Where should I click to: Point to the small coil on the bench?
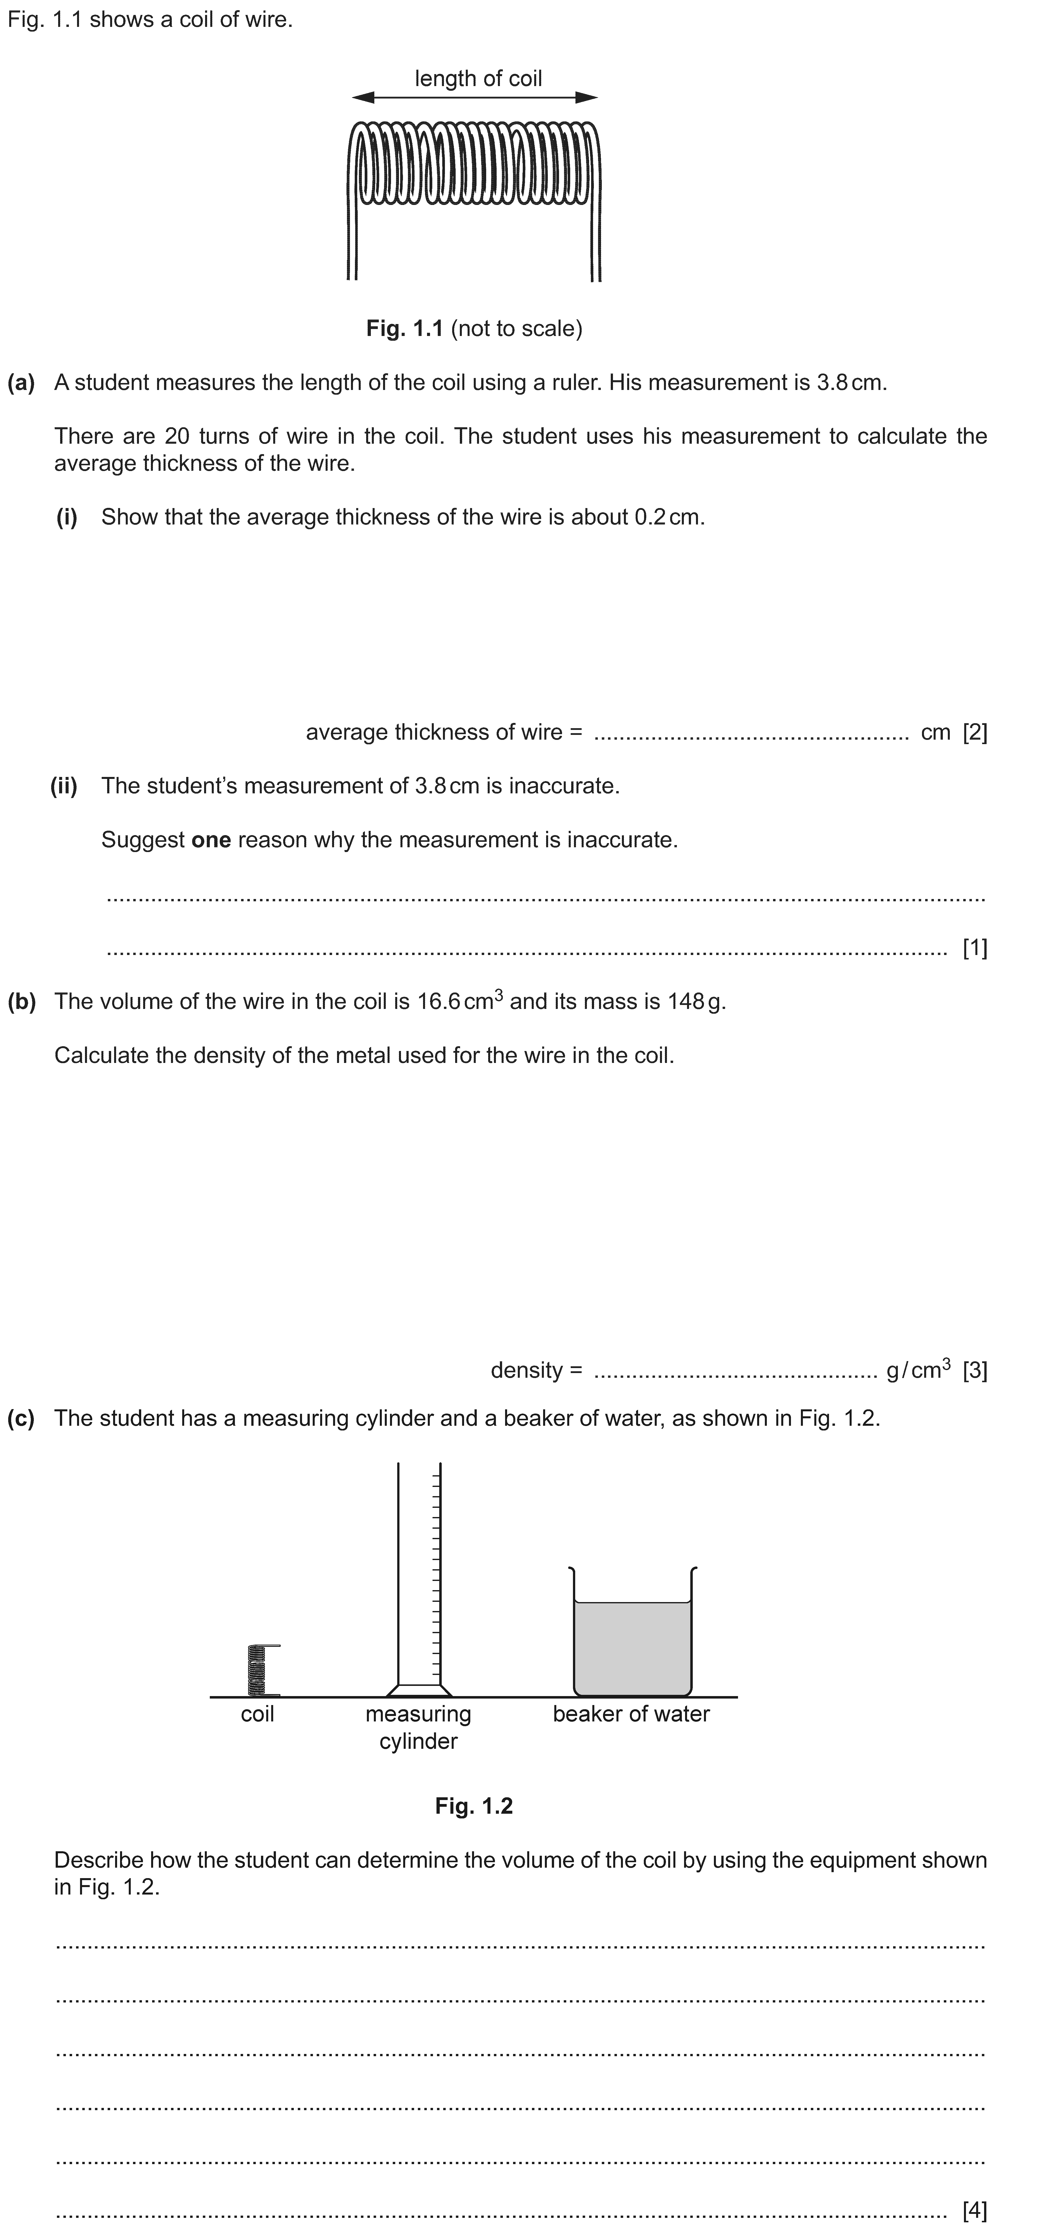click(x=258, y=1669)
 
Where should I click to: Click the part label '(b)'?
click(x=22, y=1002)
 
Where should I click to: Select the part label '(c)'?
click(x=22, y=1419)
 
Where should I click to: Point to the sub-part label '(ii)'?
click(x=64, y=787)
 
